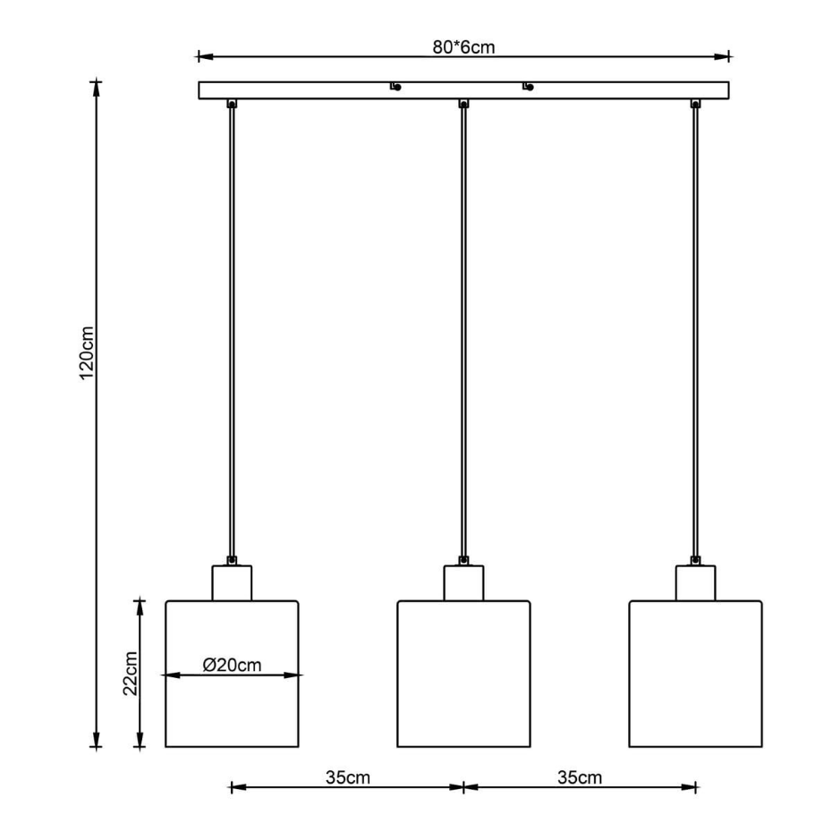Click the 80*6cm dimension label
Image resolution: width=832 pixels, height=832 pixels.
(463, 47)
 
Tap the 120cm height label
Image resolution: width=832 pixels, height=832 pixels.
(86, 352)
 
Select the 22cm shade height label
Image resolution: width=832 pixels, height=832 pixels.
(130, 674)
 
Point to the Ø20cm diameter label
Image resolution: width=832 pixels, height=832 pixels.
(232, 665)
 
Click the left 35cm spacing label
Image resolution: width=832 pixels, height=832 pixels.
(347, 777)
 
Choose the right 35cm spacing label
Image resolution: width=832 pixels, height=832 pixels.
(580, 777)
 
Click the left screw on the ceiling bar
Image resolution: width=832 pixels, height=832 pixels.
(395, 87)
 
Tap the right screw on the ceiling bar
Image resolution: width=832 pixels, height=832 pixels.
(528, 87)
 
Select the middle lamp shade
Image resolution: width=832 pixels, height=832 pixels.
(463, 674)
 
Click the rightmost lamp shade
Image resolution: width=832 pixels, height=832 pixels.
(696, 674)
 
